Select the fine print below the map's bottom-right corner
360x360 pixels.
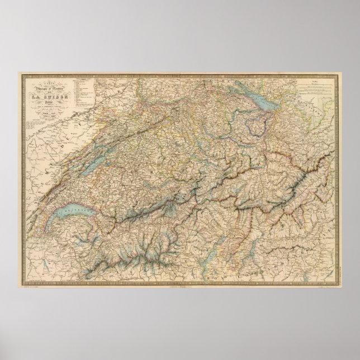coord(324,291)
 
